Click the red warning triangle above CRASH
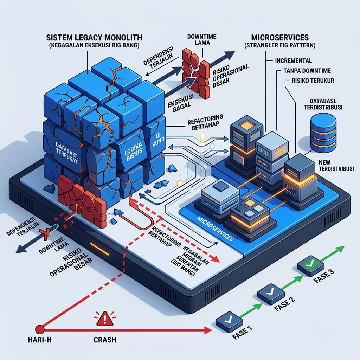click(x=105, y=319)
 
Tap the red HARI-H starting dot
click(x=40, y=329)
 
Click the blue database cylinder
click(x=323, y=134)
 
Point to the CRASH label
click(x=105, y=340)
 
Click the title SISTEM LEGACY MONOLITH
click(x=94, y=37)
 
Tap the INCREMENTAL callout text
click(x=294, y=60)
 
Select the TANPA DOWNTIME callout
click(x=307, y=70)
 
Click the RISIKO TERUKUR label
click(x=313, y=81)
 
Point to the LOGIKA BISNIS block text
click(x=133, y=151)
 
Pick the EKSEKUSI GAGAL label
click(x=181, y=102)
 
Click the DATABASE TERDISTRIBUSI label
click(x=323, y=104)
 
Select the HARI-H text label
click(x=40, y=340)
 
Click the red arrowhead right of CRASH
click(x=208, y=330)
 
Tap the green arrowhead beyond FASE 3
click(x=340, y=249)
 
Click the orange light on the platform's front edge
click(x=99, y=249)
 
